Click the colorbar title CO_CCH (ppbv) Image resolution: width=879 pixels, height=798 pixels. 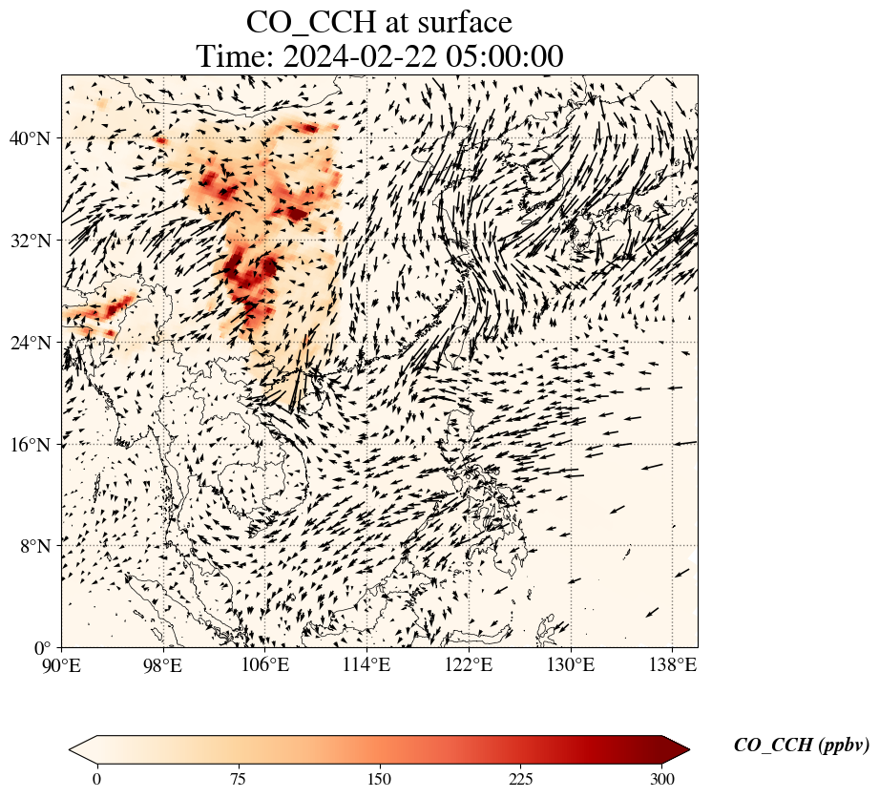tap(801, 746)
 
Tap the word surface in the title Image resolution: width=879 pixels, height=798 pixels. tap(461, 22)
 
